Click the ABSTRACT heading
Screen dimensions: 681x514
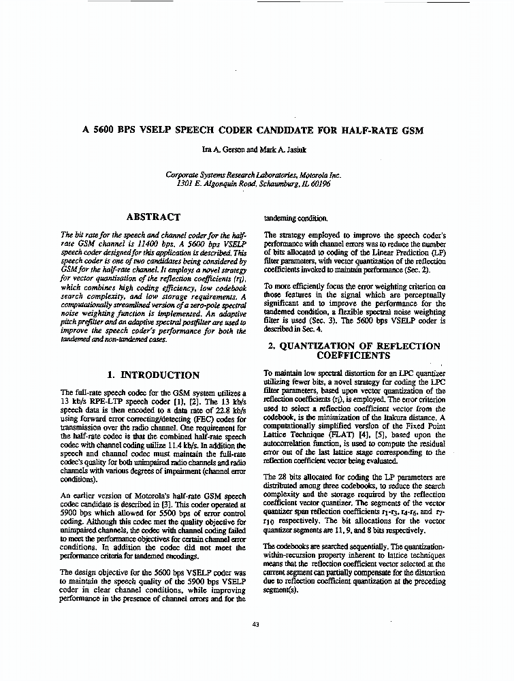(x=153, y=217)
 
